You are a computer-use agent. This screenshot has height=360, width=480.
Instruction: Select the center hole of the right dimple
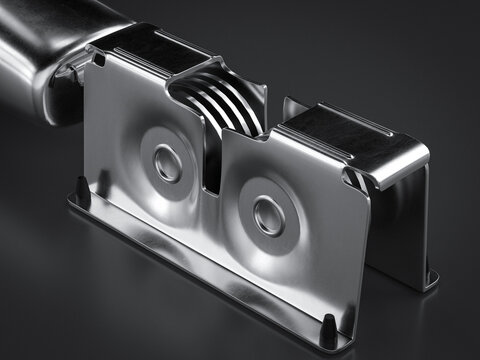coord(268,213)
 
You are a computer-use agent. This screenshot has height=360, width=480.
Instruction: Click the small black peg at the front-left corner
coord(80,186)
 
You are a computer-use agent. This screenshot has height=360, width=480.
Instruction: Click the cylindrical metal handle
coord(35,45)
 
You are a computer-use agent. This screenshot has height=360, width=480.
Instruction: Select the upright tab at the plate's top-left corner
coord(98,59)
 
